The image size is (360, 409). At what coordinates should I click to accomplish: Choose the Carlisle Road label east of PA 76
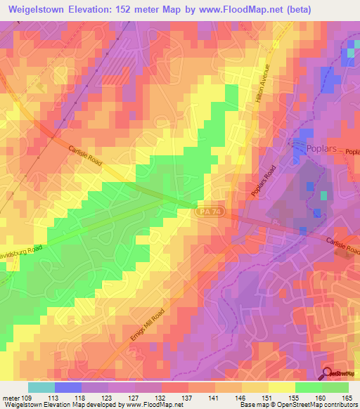342,246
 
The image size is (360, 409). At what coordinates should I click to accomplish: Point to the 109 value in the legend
27,396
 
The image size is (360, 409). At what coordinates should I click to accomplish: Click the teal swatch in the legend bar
41,387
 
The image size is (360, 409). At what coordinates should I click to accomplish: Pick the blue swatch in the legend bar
68,387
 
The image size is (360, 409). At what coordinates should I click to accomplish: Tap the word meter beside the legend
10,396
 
